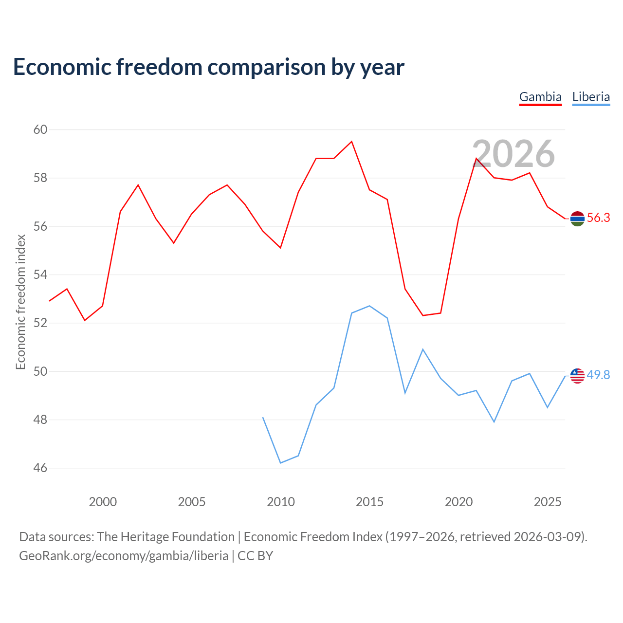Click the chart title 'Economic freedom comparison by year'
(208, 67)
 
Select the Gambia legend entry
(540, 97)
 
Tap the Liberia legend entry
(591, 97)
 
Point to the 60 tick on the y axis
(40, 129)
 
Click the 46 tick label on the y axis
(40, 468)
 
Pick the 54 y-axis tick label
(40, 275)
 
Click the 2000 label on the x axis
(103, 502)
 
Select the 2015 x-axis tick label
(369, 502)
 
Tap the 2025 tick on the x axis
(548, 502)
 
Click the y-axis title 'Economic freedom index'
(21, 302)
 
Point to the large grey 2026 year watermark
(513, 154)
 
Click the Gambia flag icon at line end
(577, 219)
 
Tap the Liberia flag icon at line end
(577, 376)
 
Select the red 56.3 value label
(599, 218)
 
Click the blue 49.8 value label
(599, 375)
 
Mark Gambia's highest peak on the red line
(352, 141)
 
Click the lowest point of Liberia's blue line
(281, 463)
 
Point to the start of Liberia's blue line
(263, 418)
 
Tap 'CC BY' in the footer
(255, 556)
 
